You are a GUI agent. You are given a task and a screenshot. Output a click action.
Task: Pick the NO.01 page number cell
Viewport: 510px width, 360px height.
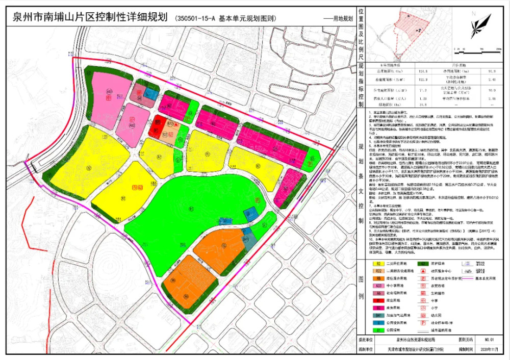[490, 338]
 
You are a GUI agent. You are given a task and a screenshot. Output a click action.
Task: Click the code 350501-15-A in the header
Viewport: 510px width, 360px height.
[196, 18]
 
